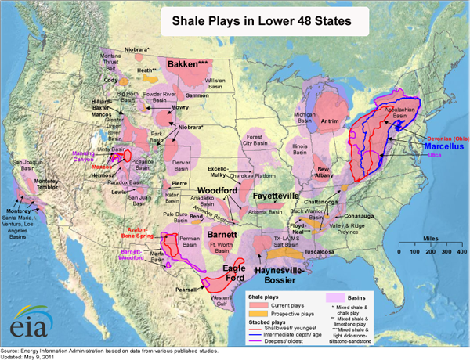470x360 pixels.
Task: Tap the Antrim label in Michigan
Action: tap(330, 121)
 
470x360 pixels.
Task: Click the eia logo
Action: tap(29, 321)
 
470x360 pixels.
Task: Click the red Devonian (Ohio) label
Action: tap(441, 135)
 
